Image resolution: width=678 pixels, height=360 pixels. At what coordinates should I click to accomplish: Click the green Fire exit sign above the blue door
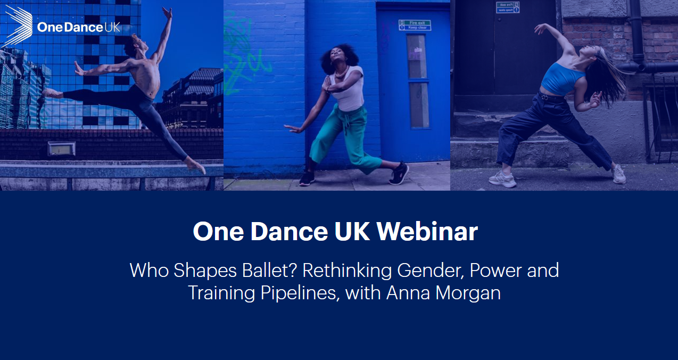click(415, 25)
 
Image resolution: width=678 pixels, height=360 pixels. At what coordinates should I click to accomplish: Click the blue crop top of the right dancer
click(562, 78)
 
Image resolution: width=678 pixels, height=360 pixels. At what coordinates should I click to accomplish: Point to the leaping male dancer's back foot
click(52, 92)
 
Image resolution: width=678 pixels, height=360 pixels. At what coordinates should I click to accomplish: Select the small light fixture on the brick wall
click(61, 149)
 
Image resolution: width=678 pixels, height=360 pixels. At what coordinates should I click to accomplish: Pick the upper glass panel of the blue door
click(418, 56)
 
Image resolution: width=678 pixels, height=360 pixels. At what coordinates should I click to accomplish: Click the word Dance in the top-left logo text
click(73, 27)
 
